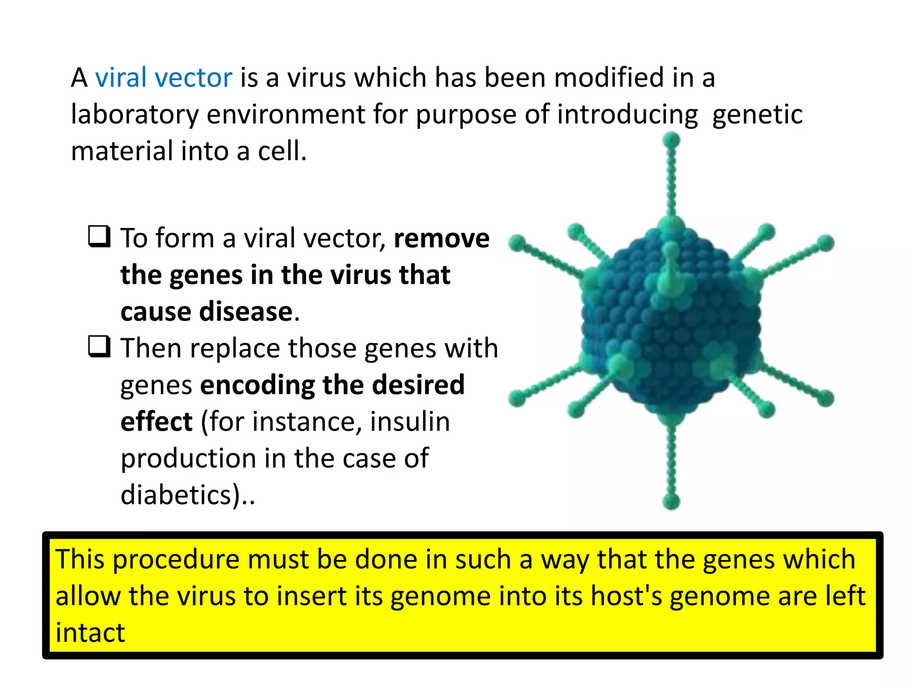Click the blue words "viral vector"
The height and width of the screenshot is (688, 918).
pyautogui.click(x=164, y=78)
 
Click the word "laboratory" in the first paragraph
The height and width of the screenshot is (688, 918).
pyautogui.click(x=135, y=115)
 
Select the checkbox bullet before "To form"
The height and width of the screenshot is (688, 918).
pyautogui.click(x=99, y=236)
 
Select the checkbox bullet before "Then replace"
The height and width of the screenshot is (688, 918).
pyautogui.click(x=99, y=347)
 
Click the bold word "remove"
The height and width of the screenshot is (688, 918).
pyautogui.click(x=442, y=238)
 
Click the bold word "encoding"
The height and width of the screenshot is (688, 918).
pyautogui.click(x=257, y=385)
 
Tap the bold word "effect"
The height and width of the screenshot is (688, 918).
pyautogui.click(x=156, y=422)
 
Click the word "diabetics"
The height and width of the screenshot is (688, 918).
pyautogui.click(x=177, y=495)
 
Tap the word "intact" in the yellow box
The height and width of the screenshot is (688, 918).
pyautogui.click(x=90, y=633)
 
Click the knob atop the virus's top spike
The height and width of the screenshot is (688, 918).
pyautogui.click(x=671, y=140)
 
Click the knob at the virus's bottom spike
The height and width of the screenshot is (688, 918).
pyautogui.click(x=671, y=501)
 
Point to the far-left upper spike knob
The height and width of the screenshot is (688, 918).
pyautogui.click(x=517, y=243)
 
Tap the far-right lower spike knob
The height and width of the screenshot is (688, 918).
pyautogui.click(x=826, y=398)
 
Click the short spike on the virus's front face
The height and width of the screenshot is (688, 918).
pyautogui.click(x=670, y=269)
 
